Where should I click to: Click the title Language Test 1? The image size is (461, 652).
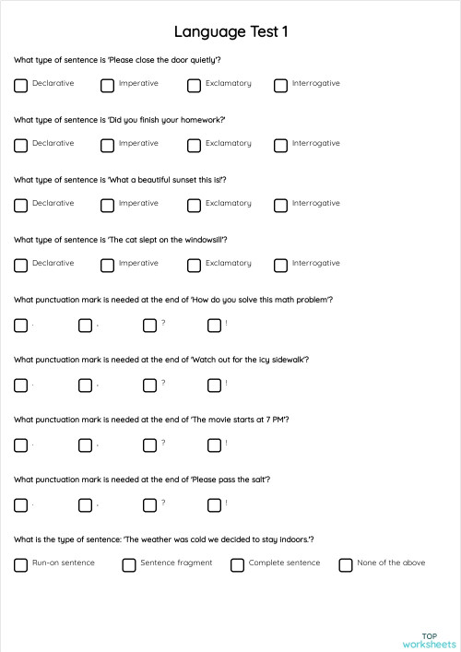[x=230, y=32]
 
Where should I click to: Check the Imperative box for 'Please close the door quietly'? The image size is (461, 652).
[x=107, y=85]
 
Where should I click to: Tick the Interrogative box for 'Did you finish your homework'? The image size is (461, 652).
[x=280, y=145]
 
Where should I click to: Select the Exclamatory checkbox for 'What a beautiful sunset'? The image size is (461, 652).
[x=194, y=205]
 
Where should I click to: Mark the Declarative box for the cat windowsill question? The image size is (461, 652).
[x=20, y=265]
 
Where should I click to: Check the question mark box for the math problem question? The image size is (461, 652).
[x=149, y=325]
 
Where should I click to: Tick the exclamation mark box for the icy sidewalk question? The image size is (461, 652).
[x=214, y=385]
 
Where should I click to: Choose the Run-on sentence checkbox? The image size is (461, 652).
[x=20, y=564]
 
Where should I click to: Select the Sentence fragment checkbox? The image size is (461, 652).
[x=129, y=564]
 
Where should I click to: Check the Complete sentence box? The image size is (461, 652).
[x=237, y=564]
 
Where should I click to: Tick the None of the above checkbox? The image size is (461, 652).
[x=346, y=564]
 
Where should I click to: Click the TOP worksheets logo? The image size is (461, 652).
[x=429, y=640]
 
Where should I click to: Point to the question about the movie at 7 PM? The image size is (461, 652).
[x=152, y=420]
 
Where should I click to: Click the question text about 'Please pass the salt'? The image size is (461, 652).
[x=142, y=480]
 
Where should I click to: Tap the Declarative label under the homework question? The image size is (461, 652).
[x=53, y=143]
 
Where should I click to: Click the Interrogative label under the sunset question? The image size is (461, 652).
[x=315, y=203]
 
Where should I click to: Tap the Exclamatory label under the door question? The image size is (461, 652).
[x=228, y=83]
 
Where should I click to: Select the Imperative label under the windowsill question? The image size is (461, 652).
[x=138, y=263]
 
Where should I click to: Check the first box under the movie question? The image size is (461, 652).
[x=20, y=445]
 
